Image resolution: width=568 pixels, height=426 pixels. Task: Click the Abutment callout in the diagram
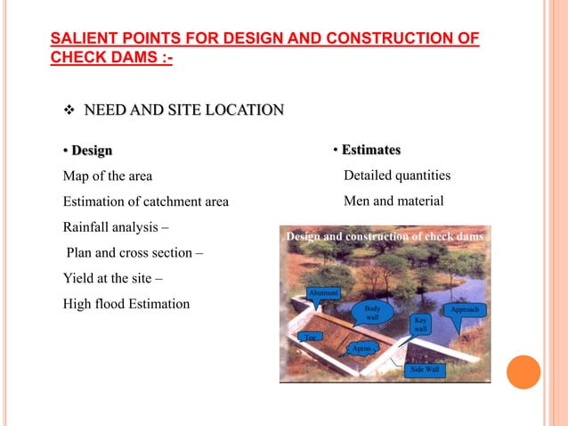(322, 292)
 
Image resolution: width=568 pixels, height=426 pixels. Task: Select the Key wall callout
(421, 324)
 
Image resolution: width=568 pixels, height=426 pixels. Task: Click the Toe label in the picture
(309, 337)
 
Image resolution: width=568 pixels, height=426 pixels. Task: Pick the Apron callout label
(361, 348)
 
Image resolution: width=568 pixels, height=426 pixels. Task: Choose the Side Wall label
(424, 369)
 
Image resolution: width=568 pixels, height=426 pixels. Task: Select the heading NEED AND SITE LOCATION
(183, 111)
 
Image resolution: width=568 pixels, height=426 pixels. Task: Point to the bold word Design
(92, 150)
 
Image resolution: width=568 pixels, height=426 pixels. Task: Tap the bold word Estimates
(370, 149)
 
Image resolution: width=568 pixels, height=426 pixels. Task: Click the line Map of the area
(107, 176)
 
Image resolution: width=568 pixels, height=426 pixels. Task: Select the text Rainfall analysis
(115, 226)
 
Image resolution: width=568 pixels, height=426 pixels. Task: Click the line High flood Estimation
(126, 304)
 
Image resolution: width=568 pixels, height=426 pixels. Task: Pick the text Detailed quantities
(397, 176)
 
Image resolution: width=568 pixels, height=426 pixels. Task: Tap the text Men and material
(393, 201)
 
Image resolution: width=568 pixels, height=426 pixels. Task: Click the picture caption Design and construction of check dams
(385, 236)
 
